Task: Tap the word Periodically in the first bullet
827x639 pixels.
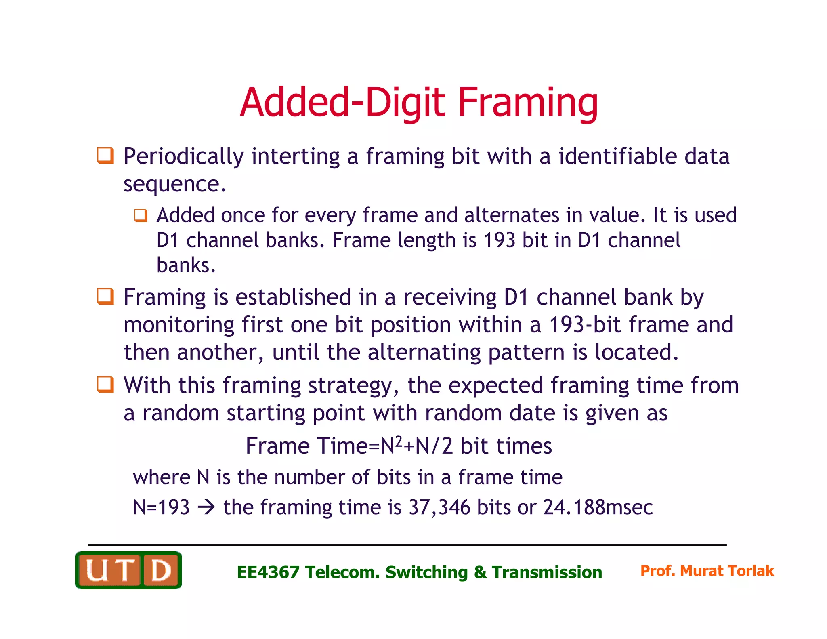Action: [x=184, y=157]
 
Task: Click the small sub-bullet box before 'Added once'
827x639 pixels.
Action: [x=141, y=215]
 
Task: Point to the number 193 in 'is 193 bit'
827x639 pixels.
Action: [x=499, y=240]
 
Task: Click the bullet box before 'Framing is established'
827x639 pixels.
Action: [x=105, y=297]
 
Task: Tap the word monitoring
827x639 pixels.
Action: [x=179, y=325]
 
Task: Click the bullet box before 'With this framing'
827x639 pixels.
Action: [x=105, y=385]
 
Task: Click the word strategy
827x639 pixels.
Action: [x=350, y=386]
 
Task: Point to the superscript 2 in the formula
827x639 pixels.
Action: [x=399, y=441]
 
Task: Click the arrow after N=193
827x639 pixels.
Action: [x=206, y=507]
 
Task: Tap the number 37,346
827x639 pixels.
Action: [x=439, y=507]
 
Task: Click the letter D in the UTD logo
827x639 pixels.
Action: [x=161, y=571]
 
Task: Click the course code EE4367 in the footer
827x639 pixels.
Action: [x=268, y=572]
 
